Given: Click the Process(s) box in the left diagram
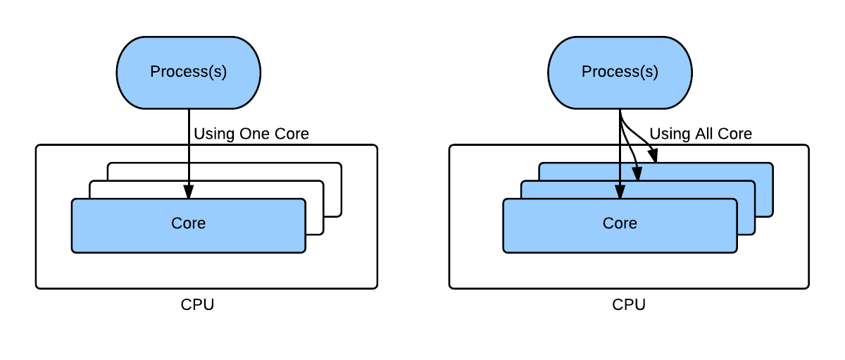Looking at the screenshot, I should click(x=189, y=72).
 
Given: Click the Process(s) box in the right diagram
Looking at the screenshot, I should click(x=620, y=72).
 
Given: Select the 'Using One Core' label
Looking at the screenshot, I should click(x=251, y=134).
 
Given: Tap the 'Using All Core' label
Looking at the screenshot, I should click(x=700, y=134).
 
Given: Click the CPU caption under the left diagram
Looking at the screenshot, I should click(x=197, y=305).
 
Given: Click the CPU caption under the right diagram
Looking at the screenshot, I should click(x=629, y=305).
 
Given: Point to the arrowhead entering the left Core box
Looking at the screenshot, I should click(x=189, y=192).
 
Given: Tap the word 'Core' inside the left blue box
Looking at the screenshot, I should click(x=189, y=223).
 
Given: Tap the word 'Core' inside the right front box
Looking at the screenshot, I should click(x=620, y=223).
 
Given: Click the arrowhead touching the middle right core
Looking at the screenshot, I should click(x=638, y=174).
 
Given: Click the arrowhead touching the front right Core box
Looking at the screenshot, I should click(x=620, y=192).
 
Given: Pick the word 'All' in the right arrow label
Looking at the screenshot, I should click(x=700, y=134).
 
